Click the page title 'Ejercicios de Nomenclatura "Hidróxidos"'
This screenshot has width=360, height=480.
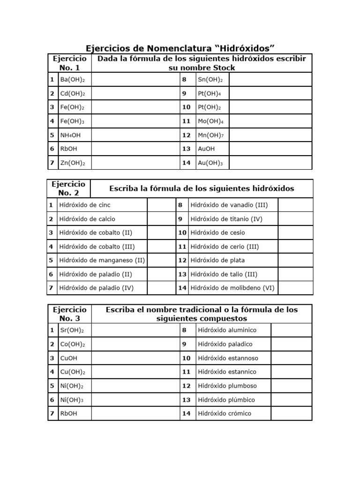point(180,48)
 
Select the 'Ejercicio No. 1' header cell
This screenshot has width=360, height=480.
point(69,63)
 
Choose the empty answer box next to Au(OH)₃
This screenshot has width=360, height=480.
point(270,163)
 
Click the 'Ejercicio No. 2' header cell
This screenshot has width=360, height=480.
point(69,188)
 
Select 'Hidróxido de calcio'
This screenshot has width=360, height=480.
point(87,219)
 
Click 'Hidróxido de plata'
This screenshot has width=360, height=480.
point(217,260)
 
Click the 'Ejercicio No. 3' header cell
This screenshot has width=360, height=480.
point(69,314)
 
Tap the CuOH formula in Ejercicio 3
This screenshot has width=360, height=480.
point(69,358)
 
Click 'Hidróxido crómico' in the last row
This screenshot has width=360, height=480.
point(225,413)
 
